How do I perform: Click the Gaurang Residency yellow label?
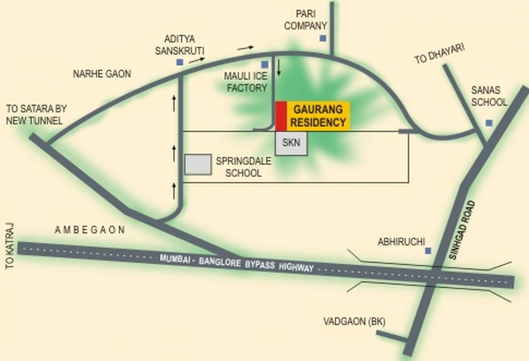[x=319, y=116]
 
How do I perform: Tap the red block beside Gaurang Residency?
[x=281, y=116]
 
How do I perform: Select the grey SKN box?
[x=291, y=143]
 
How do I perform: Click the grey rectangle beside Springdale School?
[x=198, y=165]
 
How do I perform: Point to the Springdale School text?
[x=243, y=167]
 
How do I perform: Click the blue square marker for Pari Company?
[x=323, y=38]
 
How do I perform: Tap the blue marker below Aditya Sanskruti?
[x=180, y=62]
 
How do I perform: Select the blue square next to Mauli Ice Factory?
[x=265, y=65]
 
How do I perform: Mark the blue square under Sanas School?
[x=489, y=123]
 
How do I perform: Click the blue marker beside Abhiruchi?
[x=428, y=251]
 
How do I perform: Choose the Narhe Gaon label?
[x=102, y=74]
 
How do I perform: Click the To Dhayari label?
[x=440, y=54]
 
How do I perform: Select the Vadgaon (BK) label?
[x=354, y=322]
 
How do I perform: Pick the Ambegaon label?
[x=90, y=230]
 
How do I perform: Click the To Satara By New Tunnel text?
[x=36, y=115]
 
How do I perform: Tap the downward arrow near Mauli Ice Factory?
[x=279, y=68]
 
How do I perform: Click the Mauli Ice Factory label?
[x=245, y=82]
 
